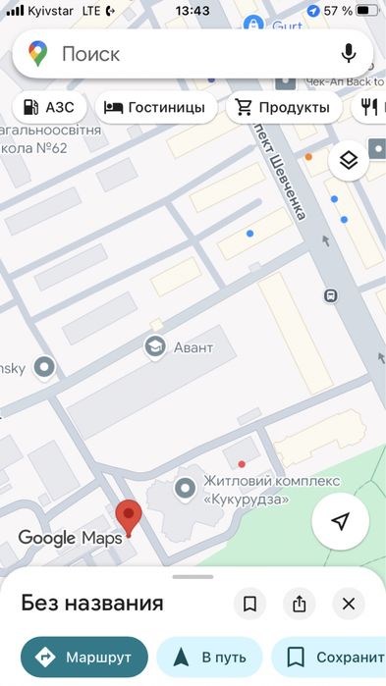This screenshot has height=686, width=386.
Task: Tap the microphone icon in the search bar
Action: click(348, 53)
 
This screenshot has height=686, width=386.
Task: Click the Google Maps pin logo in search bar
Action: click(38, 54)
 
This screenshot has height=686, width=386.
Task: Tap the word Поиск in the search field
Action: click(90, 54)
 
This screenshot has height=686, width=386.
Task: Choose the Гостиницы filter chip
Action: click(154, 107)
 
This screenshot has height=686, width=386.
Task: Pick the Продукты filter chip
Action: click(283, 107)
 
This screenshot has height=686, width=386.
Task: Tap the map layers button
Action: click(348, 160)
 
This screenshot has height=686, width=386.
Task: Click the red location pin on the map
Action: click(128, 515)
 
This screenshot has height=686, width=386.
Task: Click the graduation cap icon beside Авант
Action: click(154, 346)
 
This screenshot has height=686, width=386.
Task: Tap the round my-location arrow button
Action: click(340, 522)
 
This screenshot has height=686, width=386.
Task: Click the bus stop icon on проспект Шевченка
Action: click(331, 294)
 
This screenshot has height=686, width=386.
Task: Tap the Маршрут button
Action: click(84, 657)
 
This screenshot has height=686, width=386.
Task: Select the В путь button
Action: click(209, 657)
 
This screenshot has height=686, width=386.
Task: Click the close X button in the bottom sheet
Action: click(348, 604)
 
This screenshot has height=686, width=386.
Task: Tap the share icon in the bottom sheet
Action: click(298, 604)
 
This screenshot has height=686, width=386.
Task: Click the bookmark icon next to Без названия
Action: click(249, 604)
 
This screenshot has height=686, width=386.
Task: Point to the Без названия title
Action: click(91, 603)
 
